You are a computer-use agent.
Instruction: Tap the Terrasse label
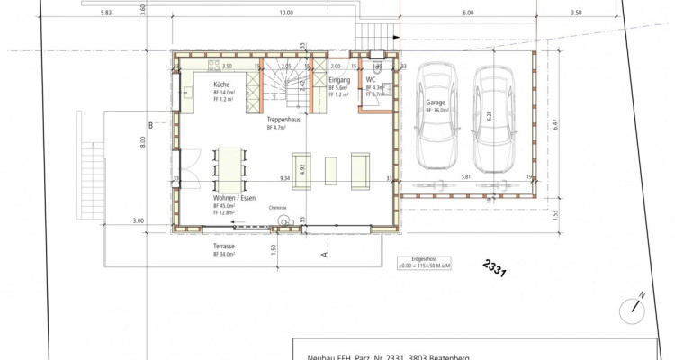point(224,246)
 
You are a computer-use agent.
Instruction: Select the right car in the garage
point(493,118)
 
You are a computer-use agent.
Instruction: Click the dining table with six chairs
point(229,167)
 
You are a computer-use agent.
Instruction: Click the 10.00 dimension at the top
point(286,13)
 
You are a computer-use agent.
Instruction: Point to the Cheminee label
point(277,207)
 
